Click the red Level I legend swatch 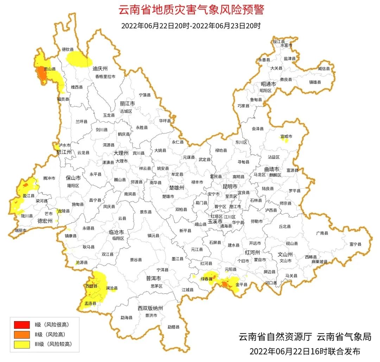22,324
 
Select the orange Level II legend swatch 22,334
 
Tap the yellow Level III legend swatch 22,344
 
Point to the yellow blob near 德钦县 77,59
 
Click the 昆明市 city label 230,186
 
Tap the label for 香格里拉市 105,76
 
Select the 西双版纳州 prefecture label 150,308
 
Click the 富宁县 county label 355,244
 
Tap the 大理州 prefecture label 121,153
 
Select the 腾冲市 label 49,179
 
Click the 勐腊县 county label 173,327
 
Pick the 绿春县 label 207,279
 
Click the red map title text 191,10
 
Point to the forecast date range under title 191,26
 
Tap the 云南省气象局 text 344,337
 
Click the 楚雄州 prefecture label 177,188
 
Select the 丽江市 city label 127,104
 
